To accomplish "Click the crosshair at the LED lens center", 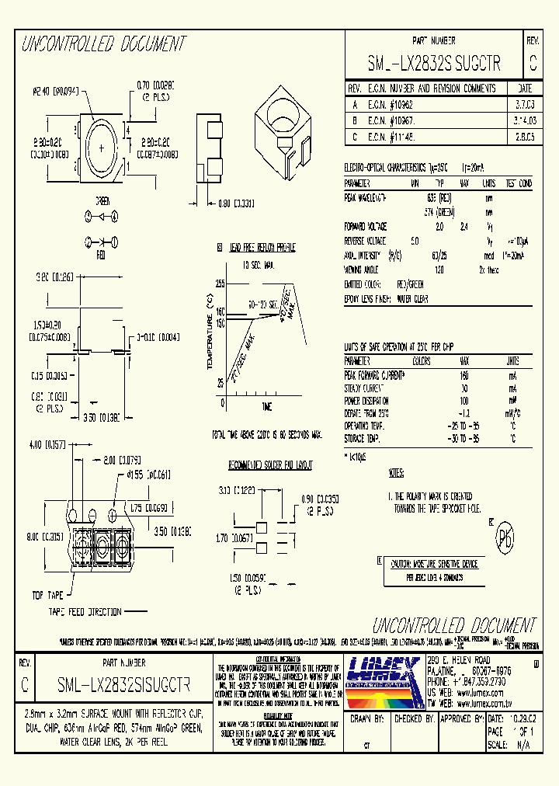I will click(102, 147).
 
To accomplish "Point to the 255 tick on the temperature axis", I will click(220, 284).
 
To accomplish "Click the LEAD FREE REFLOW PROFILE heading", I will click(262, 248).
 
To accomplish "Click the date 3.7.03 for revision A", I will click(524, 103).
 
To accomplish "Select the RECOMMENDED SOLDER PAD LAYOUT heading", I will click(269, 464).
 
